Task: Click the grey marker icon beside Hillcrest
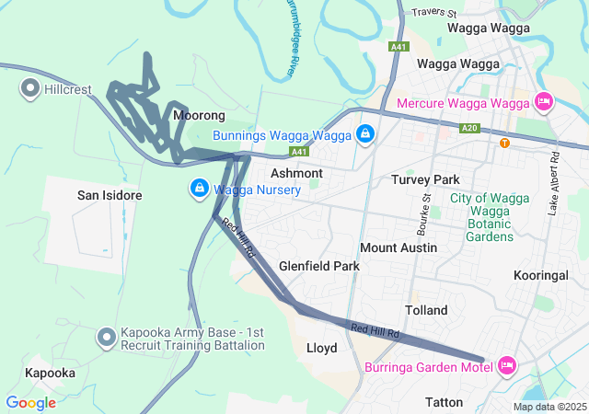click(x=29, y=89)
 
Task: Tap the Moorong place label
click(x=199, y=116)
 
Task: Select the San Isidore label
click(x=110, y=196)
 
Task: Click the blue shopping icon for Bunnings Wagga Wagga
click(x=365, y=135)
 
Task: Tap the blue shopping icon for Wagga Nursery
click(x=199, y=190)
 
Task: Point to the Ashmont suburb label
click(x=296, y=173)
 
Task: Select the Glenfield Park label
click(x=319, y=266)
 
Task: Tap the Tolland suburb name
click(x=425, y=310)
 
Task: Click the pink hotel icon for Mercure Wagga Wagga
click(x=543, y=101)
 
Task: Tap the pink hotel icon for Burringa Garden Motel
click(x=506, y=366)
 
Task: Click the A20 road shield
click(x=469, y=128)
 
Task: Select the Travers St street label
click(x=434, y=13)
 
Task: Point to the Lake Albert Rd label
click(x=553, y=183)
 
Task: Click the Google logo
click(x=30, y=403)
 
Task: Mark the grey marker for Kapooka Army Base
click(x=107, y=338)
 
